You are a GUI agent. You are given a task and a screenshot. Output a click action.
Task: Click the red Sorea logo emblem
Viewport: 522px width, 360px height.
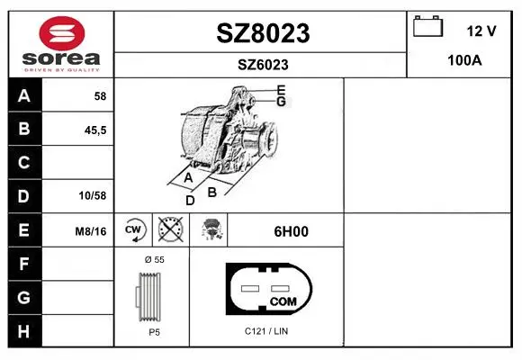(x=62, y=33)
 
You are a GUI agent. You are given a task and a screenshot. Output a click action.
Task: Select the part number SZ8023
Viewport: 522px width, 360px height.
(x=263, y=33)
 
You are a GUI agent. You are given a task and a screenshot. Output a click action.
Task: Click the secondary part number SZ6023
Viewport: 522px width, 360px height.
(x=263, y=65)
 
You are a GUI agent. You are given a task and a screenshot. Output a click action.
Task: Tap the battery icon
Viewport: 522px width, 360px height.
(x=427, y=26)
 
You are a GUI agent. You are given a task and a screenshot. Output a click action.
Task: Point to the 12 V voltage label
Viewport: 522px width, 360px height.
(x=481, y=31)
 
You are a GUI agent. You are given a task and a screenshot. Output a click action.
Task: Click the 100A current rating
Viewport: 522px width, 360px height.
(x=464, y=60)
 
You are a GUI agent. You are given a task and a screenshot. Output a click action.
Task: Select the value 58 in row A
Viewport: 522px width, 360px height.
(x=100, y=96)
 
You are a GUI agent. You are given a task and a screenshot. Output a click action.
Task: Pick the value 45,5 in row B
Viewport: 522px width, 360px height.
(x=95, y=130)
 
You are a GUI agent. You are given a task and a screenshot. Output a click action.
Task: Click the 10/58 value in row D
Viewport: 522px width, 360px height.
(x=93, y=195)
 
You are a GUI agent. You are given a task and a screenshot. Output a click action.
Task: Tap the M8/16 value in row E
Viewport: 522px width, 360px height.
(x=91, y=231)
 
